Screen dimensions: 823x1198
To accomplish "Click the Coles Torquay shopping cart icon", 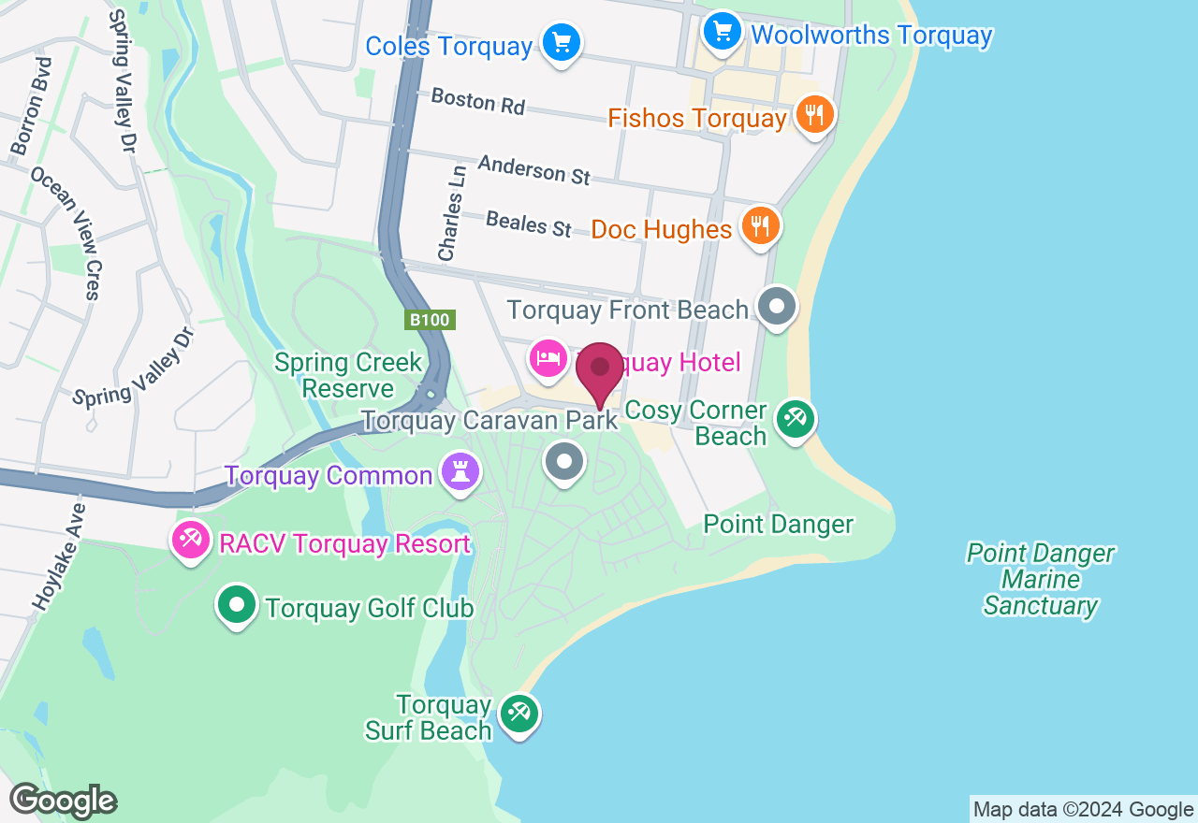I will pos(561,42).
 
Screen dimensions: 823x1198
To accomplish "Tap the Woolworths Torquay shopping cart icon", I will pos(722,32).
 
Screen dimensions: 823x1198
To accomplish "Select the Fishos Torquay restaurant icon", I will pos(814,115).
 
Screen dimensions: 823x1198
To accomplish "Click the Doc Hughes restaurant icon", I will pos(761,225).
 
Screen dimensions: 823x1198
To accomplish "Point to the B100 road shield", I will pos(431,320).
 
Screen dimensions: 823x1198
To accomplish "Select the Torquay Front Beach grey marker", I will pos(776,306).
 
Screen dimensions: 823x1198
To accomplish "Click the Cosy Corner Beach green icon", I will pos(796,417).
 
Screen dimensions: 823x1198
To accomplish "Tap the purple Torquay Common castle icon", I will pos(460,470).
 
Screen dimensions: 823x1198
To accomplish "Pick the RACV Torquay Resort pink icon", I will pos(190,540).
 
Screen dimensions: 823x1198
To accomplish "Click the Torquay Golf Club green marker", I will pos(237,605).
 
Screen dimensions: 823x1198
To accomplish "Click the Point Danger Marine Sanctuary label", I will pos(1040,580).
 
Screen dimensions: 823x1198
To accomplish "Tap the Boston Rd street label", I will pos(478,100).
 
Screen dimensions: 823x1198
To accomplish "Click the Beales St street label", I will pos(528,224).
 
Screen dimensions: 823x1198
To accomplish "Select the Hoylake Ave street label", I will pos(59,558).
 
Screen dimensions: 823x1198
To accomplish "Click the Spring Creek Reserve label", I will pos(348,375).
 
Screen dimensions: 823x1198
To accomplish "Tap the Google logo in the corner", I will pos(63,801).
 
